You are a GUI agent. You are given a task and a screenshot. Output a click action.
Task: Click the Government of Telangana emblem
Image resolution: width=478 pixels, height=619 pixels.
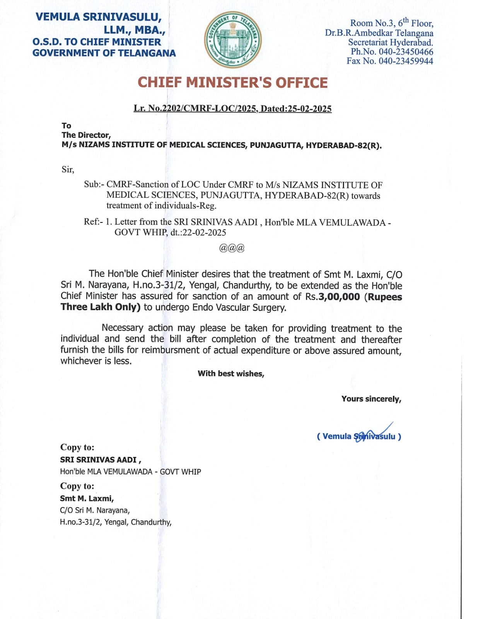[x=233, y=40]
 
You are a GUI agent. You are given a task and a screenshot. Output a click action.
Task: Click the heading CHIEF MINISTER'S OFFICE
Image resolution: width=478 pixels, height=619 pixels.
[x=232, y=83]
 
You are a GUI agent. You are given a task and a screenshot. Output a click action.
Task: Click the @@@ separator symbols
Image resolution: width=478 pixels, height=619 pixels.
[x=232, y=248]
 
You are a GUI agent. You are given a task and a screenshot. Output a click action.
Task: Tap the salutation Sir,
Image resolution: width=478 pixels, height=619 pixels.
[x=68, y=169]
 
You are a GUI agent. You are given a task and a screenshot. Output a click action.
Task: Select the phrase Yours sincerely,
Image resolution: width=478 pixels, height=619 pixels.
[x=371, y=399]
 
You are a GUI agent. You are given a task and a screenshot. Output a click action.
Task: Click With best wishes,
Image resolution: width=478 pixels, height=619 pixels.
[x=231, y=374]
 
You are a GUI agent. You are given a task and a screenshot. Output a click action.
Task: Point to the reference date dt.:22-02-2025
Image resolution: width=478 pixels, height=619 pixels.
[x=198, y=233]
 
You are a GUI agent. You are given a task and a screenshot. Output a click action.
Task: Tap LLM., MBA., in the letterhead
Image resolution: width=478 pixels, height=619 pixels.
[x=134, y=30]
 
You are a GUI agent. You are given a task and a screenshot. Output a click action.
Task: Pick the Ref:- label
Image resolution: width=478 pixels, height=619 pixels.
[x=93, y=222]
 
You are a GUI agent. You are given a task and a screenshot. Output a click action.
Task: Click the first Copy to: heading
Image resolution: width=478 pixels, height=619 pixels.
[x=77, y=447]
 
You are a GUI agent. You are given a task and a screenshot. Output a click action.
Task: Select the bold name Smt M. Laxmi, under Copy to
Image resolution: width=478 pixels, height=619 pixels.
[x=87, y=498]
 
